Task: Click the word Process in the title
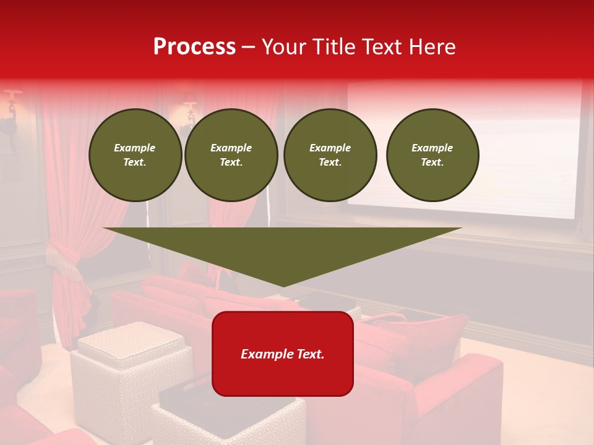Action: click(x=194, y=47)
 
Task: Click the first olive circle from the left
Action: click(x=135, y=155)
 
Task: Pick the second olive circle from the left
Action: click(x=231, y=155)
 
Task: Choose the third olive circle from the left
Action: click(x=330, y=155)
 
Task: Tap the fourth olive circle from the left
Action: click(x=432, y=155)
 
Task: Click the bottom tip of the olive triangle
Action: click(x=283, y=285)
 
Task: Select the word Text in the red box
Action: click(x=309, y=354)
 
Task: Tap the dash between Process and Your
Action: click(x=249, y=47)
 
